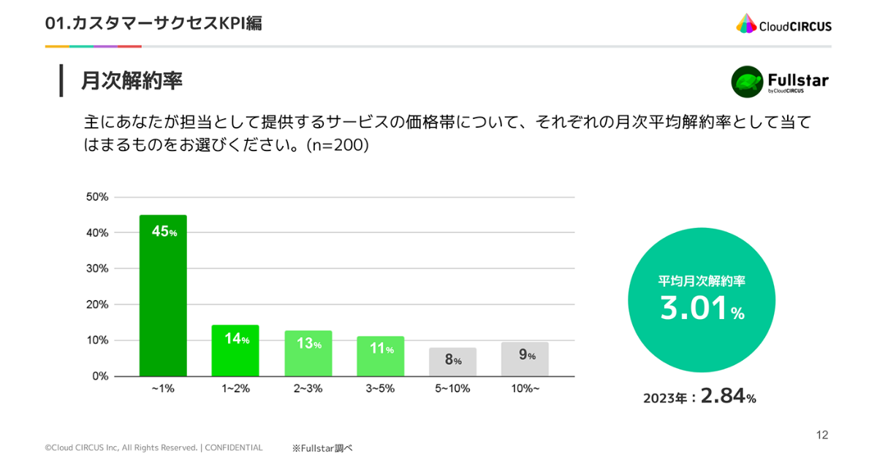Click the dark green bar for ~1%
(163, 295)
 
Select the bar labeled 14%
(235, 350)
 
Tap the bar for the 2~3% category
(308, 353)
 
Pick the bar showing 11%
(381, 356)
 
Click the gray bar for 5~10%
(452, 362)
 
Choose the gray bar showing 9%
(525, 359)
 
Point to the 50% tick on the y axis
(97, 196)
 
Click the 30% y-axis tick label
(97, 269)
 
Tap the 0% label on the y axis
(100, 376)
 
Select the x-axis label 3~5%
(380, 388)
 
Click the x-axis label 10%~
(525, 388)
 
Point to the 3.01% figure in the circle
(702, 308)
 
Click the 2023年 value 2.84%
(728, 396)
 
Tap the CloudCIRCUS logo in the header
(783, 24)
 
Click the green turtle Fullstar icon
(747, 82)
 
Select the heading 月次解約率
(132, 80)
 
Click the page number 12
(822, 435)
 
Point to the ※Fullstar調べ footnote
(322, 448)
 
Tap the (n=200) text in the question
(338, 145)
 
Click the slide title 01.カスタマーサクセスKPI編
(153, 23)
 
